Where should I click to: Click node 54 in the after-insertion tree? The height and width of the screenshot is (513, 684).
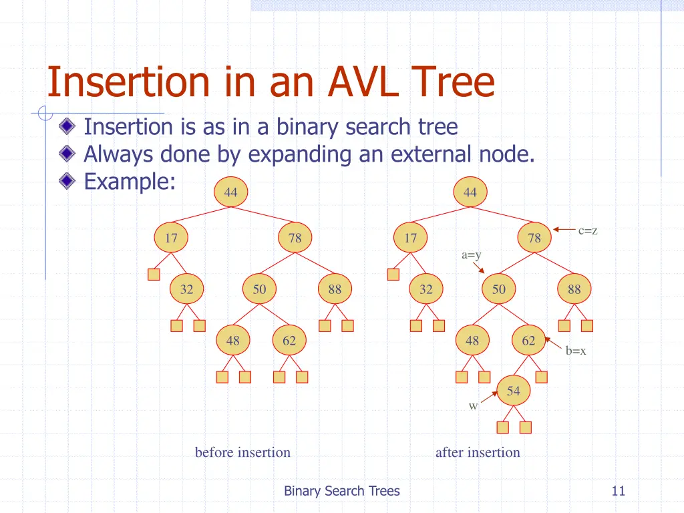(x=513, y=391)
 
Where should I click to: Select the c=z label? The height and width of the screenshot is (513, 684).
(x=588, y=231)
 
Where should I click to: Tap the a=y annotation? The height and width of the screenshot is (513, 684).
(x=472, y=254)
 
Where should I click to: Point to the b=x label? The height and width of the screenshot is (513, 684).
(x=576, y=351)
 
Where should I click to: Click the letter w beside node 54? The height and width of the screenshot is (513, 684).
(x=473, y=406)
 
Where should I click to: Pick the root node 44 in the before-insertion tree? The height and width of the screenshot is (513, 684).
(x=230, y=192)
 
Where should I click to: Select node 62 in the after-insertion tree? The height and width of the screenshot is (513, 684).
(x=528, y=341)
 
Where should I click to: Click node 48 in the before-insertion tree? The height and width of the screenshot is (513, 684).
(x=232, y=341)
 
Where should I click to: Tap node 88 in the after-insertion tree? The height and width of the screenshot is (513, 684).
(x=574, y=289)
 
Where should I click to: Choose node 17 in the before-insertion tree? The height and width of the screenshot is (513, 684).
(x=171, y=238)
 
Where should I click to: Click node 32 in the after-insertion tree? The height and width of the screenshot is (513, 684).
(x=425, y=289)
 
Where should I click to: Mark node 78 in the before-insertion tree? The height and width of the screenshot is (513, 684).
(x=295, y=238)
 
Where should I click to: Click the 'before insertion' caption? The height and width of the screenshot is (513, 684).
(x=242, y=452)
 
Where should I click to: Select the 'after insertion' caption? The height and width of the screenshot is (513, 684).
(x=478, y=452)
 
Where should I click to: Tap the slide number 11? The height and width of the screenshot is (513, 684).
(x=618, y=491)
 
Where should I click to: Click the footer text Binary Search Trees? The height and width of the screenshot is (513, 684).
(x=341, y=491)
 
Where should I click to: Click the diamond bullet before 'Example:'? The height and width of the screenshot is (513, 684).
(x=66, y=180)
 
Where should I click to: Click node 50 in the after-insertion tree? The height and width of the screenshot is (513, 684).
(x=499, y=289)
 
